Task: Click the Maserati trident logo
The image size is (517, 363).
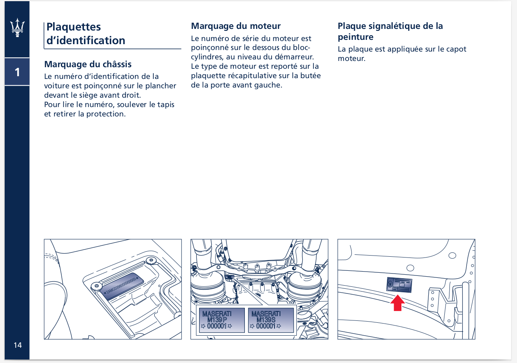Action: [17, 28]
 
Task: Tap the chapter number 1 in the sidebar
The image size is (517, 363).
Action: [17, 72]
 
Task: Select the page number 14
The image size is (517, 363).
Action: [18, 345]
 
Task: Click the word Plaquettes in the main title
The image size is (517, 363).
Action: [73, 27]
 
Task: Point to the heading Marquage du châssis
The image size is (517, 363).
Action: [88, 64]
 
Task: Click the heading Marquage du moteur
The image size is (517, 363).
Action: [235, 26]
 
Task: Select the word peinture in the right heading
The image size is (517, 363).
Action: [355, 37]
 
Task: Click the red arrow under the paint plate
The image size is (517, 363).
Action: [398, 303]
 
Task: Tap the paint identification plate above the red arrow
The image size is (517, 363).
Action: [399, 285]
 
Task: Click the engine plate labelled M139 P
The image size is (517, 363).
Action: [222, 320]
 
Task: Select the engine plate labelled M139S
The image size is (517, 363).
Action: [271, 320]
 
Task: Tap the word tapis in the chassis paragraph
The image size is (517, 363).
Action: [166, 105]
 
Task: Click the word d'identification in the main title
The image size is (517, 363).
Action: [86, 41]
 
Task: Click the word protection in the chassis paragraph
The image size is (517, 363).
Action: [106, 114]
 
